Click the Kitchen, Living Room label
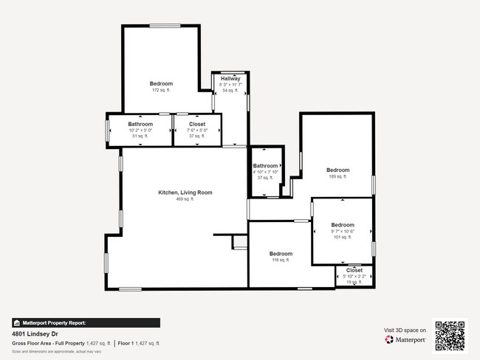pyautogui.click(x=185, y=193)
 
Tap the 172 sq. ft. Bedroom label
pyautogui.click(x=161, y=84)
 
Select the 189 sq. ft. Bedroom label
pyautogui.click(x=337, y=170)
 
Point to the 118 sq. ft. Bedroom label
pyautogui.click(x=280, y=253)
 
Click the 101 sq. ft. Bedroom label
pyautogui.click(x=342, y=225)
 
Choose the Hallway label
pyautogui.click(x=230, y=79)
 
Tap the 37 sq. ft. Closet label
pyautogui.click(x=197, y=125)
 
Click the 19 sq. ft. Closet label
pyautogui.click(x=354, y=271)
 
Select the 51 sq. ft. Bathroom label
pyautogui.click(x=140, y=125)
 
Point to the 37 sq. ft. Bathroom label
pyautogui.click(x=265, y=166)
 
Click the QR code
pyautogui.click(x=450, y=334)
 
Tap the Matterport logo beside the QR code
pyautogui.click(x=405, y=340)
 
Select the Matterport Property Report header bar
pyautogui.click(x=86, y=322)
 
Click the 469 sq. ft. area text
pyautogui.click(x=184, y=199)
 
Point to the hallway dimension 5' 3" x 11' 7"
pyautogui.click(x=230, y=85)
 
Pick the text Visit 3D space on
pyautogui.click(x=405, y=330)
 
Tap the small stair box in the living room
pyautogui.click(x=239, y=243)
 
